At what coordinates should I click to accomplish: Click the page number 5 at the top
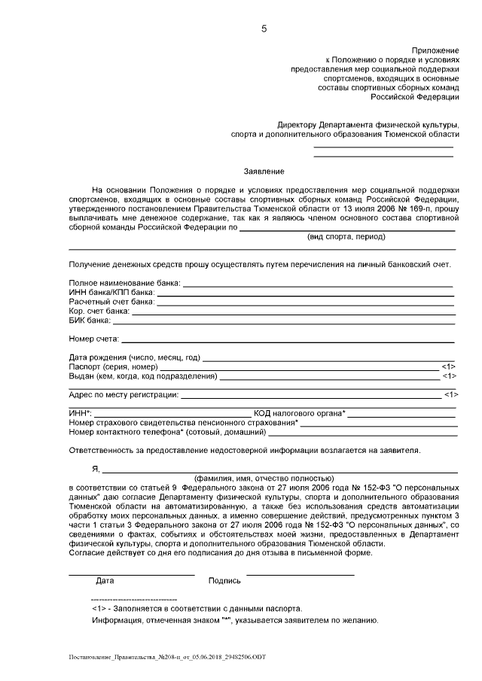click(263, 29)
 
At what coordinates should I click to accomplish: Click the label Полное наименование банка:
click(124, 283)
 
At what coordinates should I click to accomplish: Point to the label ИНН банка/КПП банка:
click(111, 292)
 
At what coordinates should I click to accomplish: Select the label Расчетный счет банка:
click(111, 301)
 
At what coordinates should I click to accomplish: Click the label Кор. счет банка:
click(99, 310)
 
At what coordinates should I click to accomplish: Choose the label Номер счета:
click(93, 339)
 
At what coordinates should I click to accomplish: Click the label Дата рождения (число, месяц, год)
click(135, 357)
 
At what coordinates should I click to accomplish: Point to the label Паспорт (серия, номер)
click(113, 366)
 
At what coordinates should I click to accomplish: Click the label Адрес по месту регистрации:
click(124, 394)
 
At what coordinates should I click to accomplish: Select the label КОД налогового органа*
click(300, 413)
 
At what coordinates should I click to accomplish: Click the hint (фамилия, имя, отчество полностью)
click(263, 478)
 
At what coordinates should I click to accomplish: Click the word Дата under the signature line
click(105, 581)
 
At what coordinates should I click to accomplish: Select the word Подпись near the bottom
click(224, 581)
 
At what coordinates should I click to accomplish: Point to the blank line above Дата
click(131, 574)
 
